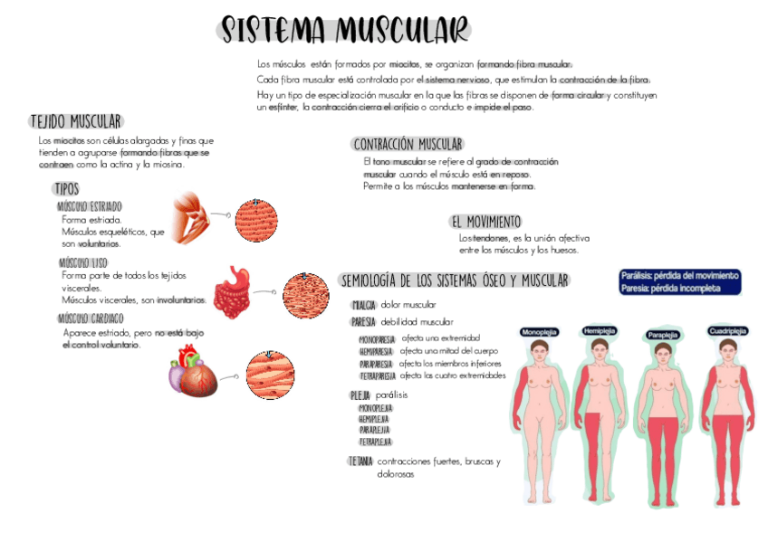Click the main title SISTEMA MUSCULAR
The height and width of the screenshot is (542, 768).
tap(345, 30)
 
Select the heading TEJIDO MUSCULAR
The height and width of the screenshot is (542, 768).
tap(76, 122)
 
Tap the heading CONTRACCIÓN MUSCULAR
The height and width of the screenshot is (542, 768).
tap(408, 144)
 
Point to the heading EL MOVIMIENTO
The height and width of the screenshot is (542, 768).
tap(485, 222)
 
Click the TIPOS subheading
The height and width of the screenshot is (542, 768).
tap(66, 189)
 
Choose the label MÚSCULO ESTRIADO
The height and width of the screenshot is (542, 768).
tap(89, 206)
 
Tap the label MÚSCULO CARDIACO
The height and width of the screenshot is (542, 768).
tap(91, 319)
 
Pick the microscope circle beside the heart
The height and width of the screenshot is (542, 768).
tap(270, 375)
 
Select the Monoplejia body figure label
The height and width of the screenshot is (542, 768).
tap(539, 332)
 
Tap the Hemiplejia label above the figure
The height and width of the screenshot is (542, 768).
tap(600, 331)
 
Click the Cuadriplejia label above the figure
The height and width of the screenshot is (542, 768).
tap(727, 331)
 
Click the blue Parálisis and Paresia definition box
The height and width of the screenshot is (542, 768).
tap(680, 281)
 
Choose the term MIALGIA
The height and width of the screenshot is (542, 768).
tap(364, 305)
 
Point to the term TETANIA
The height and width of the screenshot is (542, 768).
tap(360, 461)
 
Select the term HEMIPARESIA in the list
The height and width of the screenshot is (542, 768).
tap(376, 351)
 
